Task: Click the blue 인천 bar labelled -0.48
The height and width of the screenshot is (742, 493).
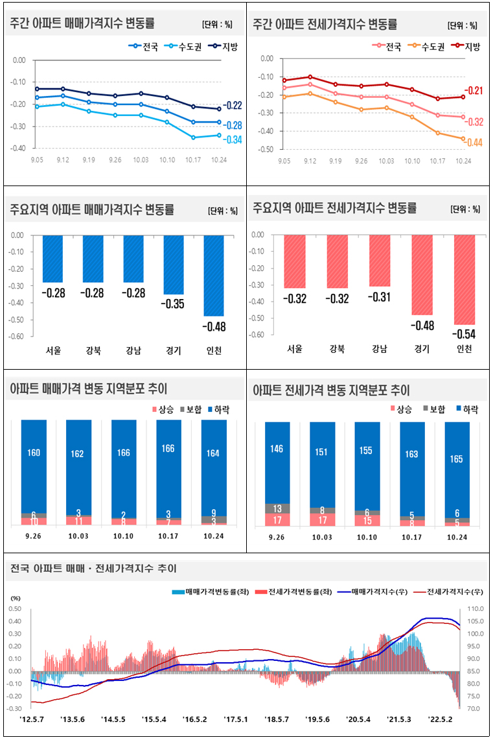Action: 214,276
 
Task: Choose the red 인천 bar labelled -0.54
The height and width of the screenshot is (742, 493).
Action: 464,280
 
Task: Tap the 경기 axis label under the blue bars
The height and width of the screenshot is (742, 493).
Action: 173,351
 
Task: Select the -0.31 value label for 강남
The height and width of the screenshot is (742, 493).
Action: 380,296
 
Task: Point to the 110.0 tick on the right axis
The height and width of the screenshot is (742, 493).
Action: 473,610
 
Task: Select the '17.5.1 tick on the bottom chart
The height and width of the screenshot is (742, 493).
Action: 235,719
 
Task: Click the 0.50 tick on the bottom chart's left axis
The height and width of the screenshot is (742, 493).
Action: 21,610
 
